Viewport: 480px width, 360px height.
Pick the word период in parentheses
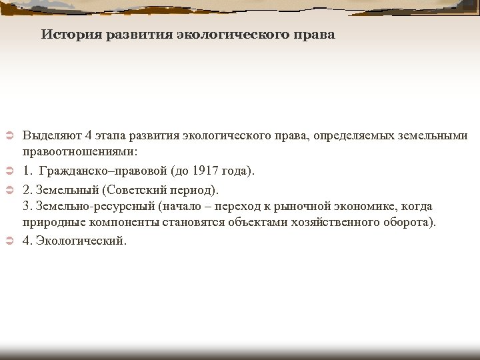[x=195, y=189]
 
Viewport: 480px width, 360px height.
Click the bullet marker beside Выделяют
[x=9, y=137]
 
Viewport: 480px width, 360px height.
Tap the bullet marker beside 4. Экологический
[x=9, y=241]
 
